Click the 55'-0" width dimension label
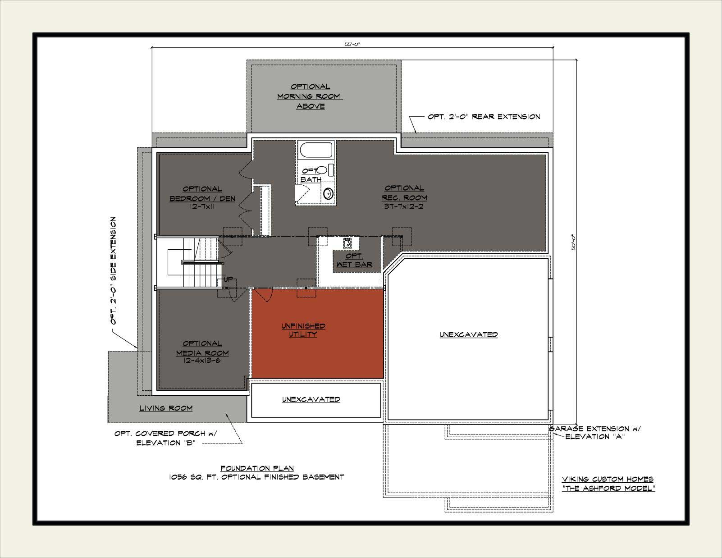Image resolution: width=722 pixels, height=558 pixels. point(352,44)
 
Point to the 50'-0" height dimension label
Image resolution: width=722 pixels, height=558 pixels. point(574,242)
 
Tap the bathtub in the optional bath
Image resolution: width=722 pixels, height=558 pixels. point(316,150)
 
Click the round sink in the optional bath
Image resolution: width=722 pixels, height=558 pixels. point(328,193)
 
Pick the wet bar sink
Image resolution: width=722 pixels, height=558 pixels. point(348,243)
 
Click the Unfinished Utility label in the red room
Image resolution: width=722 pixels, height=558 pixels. point(303,330)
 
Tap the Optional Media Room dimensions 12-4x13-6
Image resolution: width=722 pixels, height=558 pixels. point(202,361)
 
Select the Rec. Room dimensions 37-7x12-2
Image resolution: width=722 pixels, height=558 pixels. point(404,206)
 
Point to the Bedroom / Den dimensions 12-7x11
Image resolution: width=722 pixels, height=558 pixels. point(202,206)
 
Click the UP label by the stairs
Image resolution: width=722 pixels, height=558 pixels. point(228,279)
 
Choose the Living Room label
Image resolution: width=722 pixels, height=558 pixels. point(166,408)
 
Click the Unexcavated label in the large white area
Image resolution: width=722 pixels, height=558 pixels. point(469,334)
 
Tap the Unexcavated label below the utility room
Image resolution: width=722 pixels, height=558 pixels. point(311,399)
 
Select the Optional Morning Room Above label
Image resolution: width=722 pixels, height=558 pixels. point(310,96)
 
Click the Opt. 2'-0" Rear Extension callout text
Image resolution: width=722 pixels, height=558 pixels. point(484,117)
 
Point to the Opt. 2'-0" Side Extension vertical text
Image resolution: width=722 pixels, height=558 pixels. point(113,271)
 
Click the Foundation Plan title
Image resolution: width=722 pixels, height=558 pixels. point(257,468)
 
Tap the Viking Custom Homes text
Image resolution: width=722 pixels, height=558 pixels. point(608,479)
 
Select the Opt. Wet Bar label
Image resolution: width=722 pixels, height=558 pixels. point(354,261)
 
